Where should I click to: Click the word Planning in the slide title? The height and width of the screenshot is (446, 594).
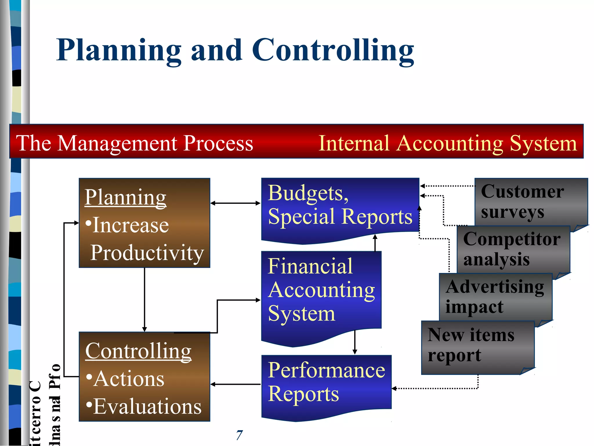[119, 51]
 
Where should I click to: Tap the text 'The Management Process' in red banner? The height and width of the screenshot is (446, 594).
[134, 143]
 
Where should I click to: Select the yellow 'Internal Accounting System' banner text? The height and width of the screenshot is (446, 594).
[448, 143]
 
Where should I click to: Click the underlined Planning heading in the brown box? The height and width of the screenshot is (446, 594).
[125, 197]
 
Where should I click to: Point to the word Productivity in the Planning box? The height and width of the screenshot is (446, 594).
[147, 253]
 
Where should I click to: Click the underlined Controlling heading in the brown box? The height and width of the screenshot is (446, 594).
[138, 351]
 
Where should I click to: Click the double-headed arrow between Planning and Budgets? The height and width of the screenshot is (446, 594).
[235, 203]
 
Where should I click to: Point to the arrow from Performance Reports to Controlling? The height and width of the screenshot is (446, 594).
[235, 384]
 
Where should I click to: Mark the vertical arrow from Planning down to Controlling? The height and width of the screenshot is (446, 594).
[144, 299]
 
